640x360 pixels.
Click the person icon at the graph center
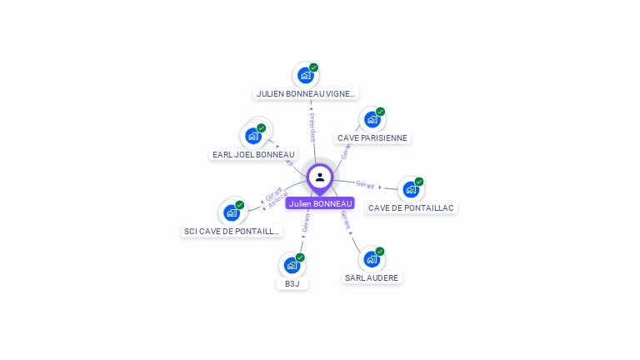(320, 177)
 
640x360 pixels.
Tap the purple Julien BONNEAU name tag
(320, 203)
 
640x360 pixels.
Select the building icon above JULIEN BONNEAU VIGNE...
(306, 75)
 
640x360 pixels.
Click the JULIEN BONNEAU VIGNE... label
(307, 94)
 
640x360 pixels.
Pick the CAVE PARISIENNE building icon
(372, 119)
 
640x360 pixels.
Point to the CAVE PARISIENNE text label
(373, 137)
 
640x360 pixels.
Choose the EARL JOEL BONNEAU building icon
(253, 136)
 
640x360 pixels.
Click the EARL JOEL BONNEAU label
(253, 154)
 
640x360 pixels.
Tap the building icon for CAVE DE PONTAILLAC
(411, 189)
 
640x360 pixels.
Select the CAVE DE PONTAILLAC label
(412, 207)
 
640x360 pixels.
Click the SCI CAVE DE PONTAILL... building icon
(232, 212)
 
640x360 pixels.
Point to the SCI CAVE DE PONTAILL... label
(232, 231)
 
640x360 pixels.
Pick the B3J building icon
(292, 265)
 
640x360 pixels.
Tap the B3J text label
(292, 283)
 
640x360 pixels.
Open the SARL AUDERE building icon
(372, 259)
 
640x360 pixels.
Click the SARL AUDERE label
(372, 277)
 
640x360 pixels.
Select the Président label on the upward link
(312, 126)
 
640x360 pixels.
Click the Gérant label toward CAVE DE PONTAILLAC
(365, 184)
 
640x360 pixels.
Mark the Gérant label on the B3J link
(306, 222)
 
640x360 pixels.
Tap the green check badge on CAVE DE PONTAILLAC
(419, 182)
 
